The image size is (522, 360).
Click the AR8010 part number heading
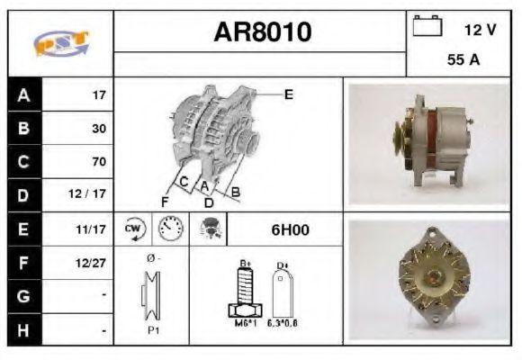click(262, 32)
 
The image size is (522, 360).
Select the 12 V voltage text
click(479, 30)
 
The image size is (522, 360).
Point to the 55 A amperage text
click(463, 61)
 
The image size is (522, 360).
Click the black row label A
click(23, 94)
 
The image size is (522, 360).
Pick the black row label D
click(23, 194)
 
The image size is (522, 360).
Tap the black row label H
click(23, 330)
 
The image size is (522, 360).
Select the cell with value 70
click(98, 162)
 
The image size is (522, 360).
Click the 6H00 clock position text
click(290, 229)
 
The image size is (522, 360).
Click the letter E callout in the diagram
click(288, 93)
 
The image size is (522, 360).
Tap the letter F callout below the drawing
click(165, 201)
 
